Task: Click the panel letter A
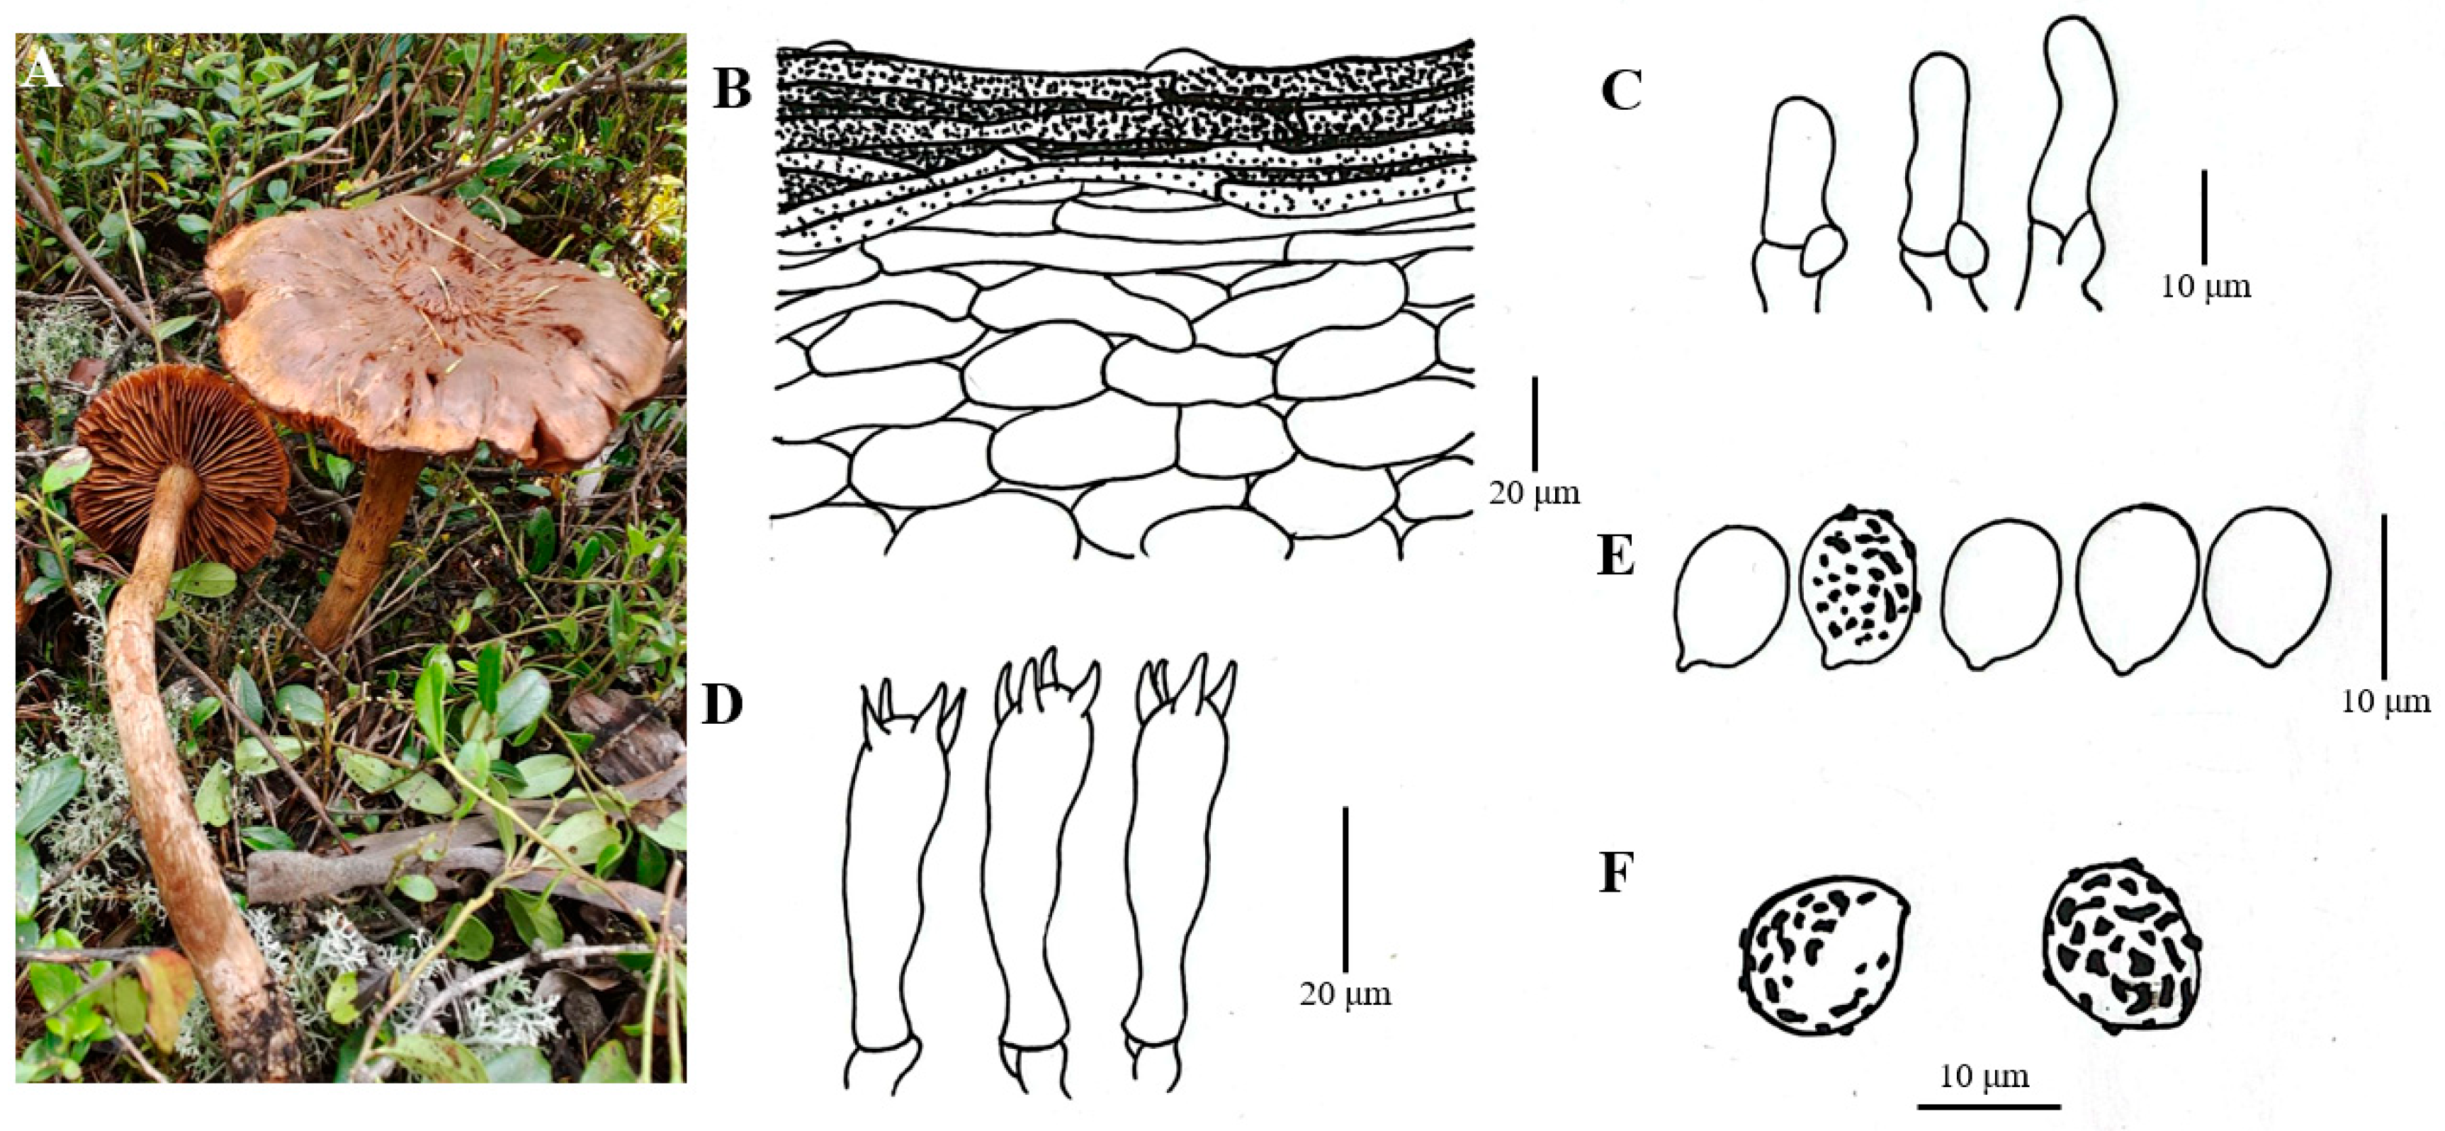click(42, 69)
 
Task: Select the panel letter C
click(1621, 92)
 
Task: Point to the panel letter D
click(722, 706)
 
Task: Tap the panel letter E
click(1616, 557)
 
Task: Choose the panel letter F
click(1615, 875)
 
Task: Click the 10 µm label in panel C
click(2206, 285)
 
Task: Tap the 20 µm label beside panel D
click(1345, 994)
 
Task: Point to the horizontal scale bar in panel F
click(1989, 1106)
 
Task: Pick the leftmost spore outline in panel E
click(1730, 597)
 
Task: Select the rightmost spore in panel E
click(2266, 586)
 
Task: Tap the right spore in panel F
click(2119, 947)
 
